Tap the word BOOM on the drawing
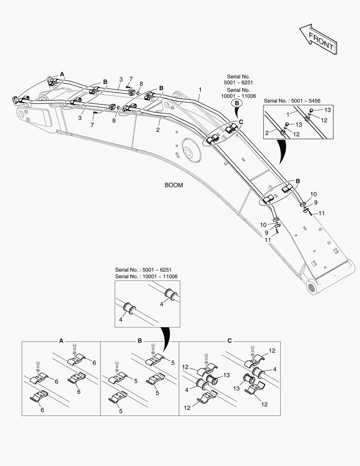coord(174,185)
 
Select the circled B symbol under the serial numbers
coord(237,103)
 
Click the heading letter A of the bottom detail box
coord(61,340)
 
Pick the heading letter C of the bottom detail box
coord(229,340)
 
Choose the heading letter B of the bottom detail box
coord(140,340)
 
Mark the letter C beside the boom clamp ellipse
coord(241,122)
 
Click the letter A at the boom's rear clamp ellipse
coord(62,74)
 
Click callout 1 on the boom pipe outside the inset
coord(200,89)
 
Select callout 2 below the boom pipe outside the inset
coord(158,129)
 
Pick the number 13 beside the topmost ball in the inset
coord(327,110)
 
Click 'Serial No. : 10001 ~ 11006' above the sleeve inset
coord(147,276)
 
